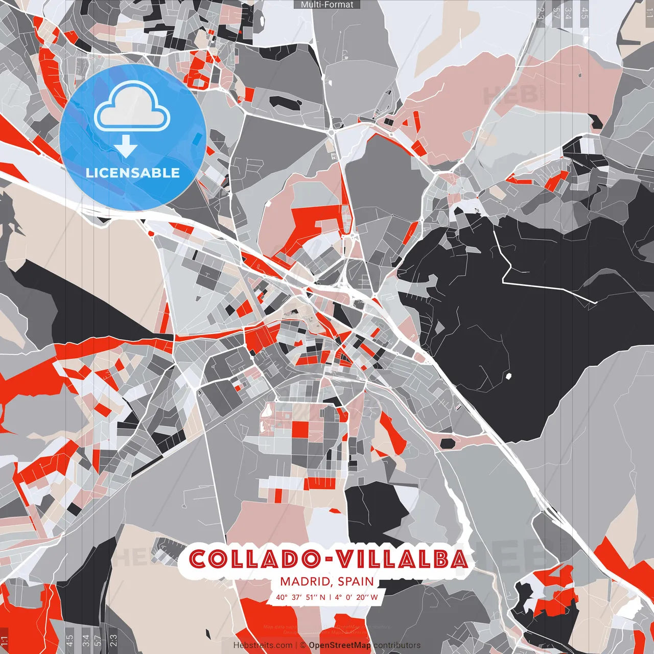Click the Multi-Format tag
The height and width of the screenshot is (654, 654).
pos(327,5)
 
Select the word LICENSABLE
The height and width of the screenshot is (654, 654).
pos(133,173)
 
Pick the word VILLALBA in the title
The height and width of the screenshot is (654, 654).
pos(401,559)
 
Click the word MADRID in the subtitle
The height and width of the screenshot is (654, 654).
pos(305,581)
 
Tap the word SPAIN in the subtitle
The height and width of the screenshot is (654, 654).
pos(356,581)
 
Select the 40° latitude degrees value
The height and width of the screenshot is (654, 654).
pos(282,597)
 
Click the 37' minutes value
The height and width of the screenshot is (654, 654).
pos(297,597)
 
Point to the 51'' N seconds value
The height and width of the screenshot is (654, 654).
pos(315,597)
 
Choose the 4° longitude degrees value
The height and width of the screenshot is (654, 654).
pos(339,597)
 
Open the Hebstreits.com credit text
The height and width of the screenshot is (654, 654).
pos(263,645)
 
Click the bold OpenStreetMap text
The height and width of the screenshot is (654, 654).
pos(340,645)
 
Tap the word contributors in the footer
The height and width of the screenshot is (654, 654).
pos(397,645)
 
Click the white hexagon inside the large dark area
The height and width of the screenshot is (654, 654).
pos(508,377)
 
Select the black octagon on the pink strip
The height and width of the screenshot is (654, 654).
pos(448,443)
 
